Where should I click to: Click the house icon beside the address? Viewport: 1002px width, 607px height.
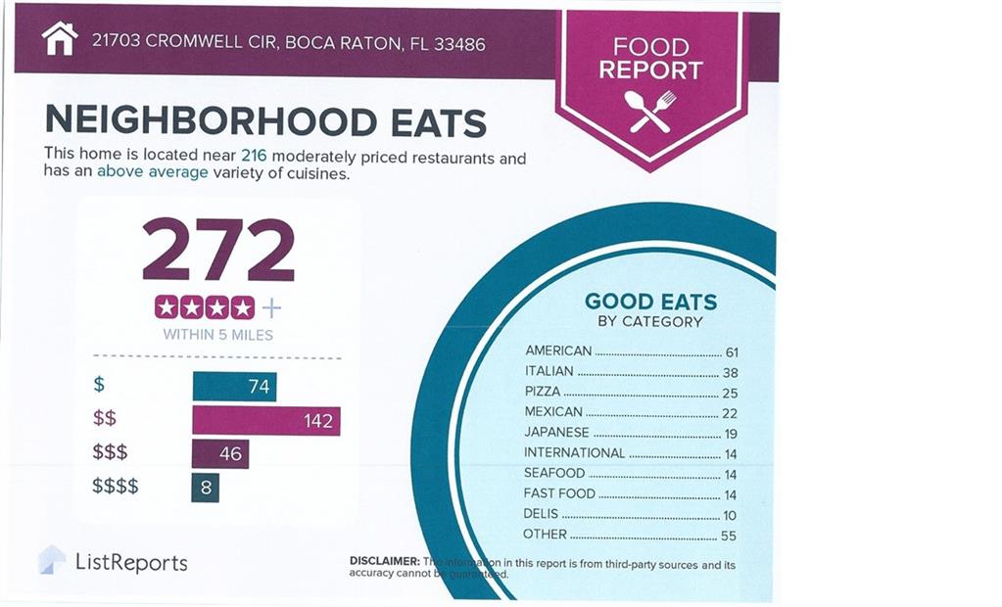(60, 39)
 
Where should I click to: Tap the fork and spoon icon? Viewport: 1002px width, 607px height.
(651, 111)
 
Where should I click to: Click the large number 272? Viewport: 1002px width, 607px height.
(218, 250)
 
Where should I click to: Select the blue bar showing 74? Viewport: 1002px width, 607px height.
(234, 387)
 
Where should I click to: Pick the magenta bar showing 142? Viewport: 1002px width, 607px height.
(265, 421)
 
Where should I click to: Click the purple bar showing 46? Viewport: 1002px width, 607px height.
(220, 454)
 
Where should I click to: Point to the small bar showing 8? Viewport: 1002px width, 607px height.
(206, 487)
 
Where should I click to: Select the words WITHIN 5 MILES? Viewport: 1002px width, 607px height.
(217, 335)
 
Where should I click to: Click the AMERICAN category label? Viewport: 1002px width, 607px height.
(558, 350)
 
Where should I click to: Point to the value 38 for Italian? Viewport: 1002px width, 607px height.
(729, 372)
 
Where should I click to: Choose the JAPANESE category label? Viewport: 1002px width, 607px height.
(556, 432)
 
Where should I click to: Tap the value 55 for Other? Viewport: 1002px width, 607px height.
(728, 536)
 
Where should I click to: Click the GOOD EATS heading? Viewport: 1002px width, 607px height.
(650, 302)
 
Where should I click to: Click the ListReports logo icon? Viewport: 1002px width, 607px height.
(52, 560)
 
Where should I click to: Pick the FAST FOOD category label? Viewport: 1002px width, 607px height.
(559, 493)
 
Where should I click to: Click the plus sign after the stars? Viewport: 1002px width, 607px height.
(271, 308)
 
